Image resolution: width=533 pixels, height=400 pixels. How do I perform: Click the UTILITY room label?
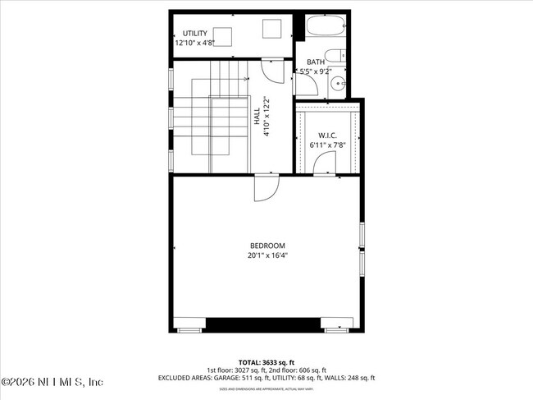(x=194, y=34)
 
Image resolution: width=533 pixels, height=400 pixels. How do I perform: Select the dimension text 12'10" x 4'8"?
(x=199, y=44)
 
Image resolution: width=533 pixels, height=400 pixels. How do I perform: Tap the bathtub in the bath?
(x=325, y=27)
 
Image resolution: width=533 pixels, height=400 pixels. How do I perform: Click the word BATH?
(x=316, y=62)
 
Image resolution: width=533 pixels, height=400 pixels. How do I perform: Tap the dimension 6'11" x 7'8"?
(x=328, y=145)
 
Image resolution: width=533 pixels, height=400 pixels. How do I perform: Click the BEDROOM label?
(x=267, y=246)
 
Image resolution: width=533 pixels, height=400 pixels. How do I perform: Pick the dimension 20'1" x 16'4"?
(x=267, y=255)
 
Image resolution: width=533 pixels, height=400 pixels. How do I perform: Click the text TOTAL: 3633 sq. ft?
(x=266, y=362)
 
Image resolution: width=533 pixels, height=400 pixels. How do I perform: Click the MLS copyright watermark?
(x=52, y=383)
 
